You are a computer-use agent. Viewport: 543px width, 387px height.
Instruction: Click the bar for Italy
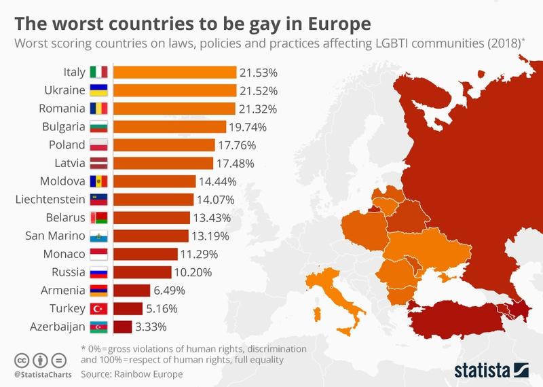coord(174,71)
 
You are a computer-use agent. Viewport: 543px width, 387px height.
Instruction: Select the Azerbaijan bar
coord(122,327)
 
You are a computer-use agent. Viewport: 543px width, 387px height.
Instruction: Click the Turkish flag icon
coord(99,309)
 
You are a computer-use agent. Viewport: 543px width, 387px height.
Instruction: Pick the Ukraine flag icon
coord(99,90)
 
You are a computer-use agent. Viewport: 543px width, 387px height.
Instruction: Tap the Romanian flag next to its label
coord(99,108)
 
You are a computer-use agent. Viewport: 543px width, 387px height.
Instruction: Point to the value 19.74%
coord(248,126)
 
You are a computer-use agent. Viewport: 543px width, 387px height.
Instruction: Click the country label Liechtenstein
coord(50,200)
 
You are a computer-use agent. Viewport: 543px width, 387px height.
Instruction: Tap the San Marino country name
coord(55,236)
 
